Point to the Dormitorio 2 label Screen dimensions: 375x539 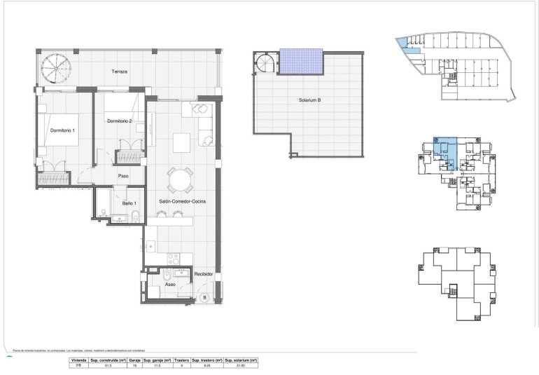coord(120,121)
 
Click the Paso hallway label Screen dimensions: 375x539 coord(123,176)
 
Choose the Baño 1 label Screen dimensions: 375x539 coord(128,203)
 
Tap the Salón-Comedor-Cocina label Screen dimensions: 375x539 coord(181,202)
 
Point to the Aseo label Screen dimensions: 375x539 coord(170,285)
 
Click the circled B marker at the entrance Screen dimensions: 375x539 coord(204,297)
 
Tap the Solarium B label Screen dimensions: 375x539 coord(309,100)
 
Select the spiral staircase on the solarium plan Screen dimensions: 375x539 coord(266,64)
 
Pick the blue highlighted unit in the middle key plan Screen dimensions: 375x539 coord(445,151)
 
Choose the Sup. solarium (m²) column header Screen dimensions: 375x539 coord(239,360)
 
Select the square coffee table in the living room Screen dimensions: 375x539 coord(181,142)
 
